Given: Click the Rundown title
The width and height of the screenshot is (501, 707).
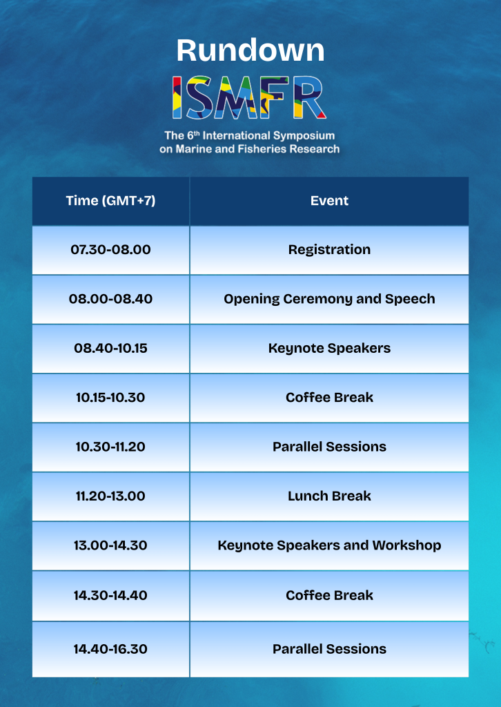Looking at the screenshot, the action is (250, 50).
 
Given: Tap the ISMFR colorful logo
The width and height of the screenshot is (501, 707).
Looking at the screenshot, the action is (249, 98).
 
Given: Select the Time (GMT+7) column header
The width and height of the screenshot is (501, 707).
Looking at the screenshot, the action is (111, 201).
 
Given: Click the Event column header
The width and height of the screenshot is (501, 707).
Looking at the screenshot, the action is (329, 201).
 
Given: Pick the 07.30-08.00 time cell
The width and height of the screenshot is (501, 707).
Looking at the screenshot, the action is (111, 249).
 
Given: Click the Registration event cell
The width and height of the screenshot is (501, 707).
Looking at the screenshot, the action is (329, 250).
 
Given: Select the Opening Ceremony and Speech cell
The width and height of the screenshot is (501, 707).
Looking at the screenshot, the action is (329, 299).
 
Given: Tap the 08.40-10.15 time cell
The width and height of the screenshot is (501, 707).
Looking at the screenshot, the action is (111, 348).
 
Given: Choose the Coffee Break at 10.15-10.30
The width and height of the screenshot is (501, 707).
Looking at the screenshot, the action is (329, 397).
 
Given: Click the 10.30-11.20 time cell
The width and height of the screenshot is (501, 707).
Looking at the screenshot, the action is (111, 447).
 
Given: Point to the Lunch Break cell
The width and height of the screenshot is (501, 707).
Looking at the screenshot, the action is (329, 496).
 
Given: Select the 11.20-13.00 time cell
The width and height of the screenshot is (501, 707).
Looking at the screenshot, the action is (111, 496).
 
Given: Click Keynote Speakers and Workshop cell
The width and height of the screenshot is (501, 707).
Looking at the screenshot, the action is (329, 545).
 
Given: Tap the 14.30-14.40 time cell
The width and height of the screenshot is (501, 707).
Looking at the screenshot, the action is (111, 595).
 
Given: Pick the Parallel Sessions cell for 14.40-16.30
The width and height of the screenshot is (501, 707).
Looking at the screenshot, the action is (329, 649).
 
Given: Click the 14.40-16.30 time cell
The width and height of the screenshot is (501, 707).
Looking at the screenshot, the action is (111, 649).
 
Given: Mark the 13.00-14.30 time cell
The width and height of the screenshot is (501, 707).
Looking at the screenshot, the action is (111, 545).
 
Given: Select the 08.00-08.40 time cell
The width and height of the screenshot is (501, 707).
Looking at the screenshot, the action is (111, 299).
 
